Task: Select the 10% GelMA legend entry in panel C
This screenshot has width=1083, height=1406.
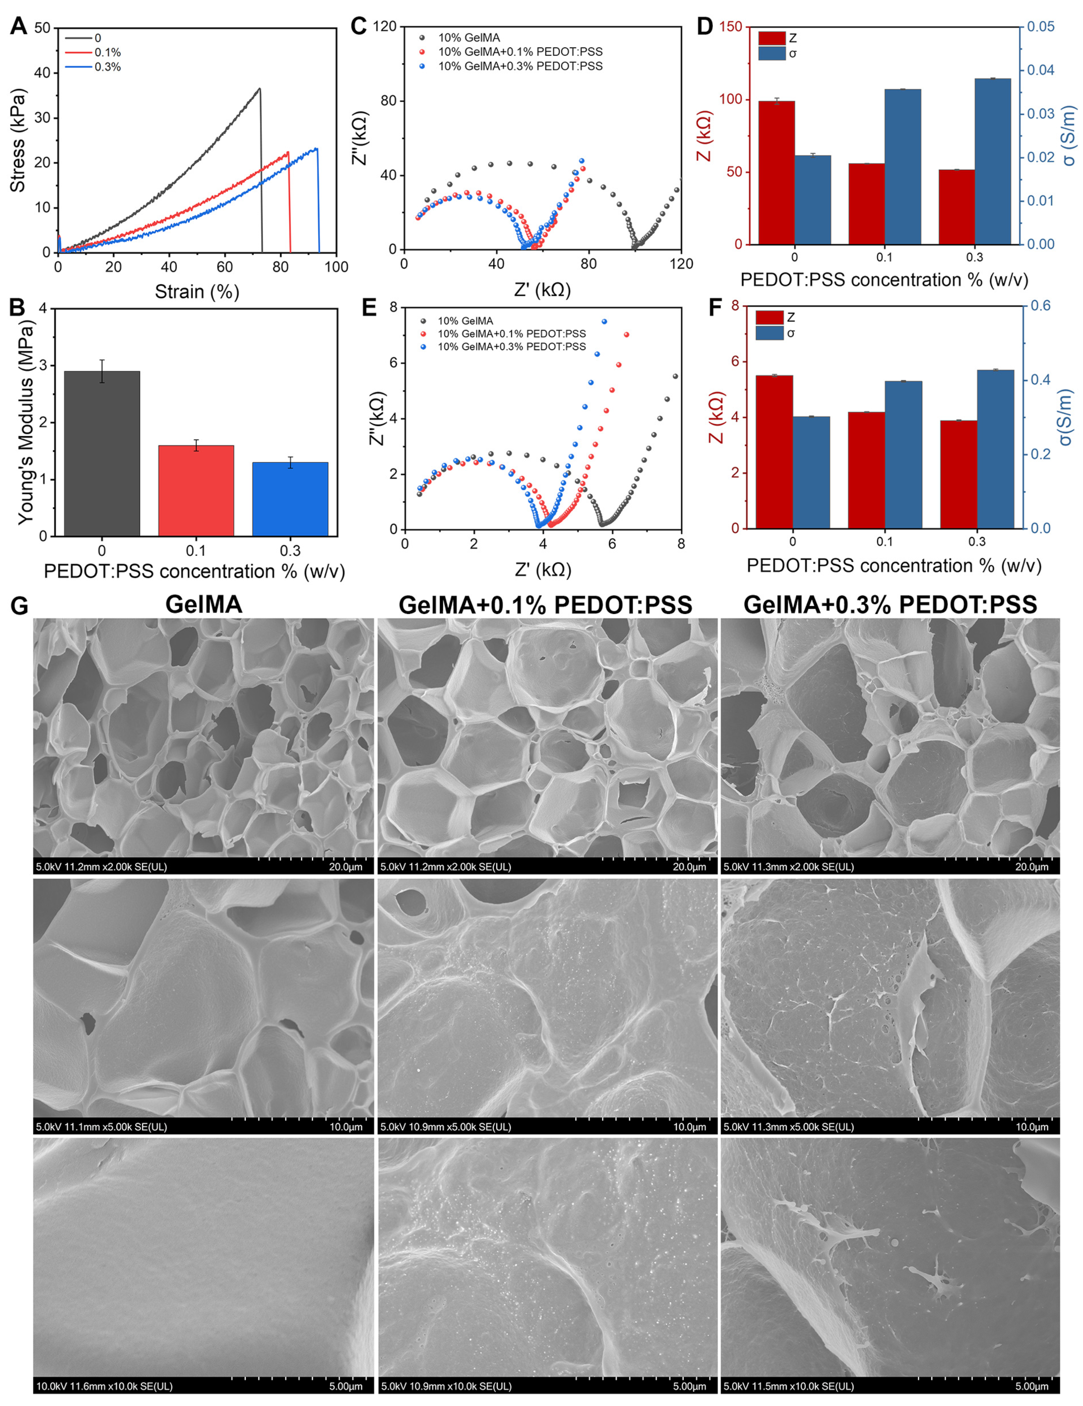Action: click(468, 38)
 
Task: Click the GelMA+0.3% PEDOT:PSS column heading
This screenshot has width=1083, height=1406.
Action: click(890, 604)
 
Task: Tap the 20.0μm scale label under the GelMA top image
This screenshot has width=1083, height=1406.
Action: click(346, 866)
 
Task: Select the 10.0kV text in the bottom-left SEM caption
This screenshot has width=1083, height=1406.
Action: click(50, 1386)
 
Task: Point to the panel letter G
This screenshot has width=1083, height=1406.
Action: click(19, 606)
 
